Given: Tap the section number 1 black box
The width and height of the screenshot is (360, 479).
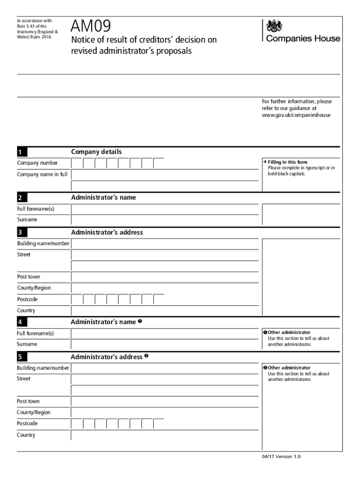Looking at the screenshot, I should point(22,152).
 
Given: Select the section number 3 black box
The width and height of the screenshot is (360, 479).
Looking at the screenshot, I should point(22,232).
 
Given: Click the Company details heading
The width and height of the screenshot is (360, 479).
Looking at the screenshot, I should point(96,152).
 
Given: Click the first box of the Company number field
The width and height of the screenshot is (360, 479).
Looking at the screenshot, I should point(77,163).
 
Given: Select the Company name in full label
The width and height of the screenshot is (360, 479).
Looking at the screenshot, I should point(43,174).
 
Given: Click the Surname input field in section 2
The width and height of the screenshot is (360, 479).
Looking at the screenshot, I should point(164,220).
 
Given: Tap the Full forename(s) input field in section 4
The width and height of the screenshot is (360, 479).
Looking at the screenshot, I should point(164,334).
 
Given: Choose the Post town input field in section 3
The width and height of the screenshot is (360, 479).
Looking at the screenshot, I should point(164,277).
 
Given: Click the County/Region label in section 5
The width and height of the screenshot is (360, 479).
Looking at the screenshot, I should point(34,413).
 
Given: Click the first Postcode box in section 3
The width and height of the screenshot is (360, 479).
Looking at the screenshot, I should point(77,299).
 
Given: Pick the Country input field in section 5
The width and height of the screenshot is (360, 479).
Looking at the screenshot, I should point(164,435).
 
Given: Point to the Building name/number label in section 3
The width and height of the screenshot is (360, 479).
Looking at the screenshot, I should point(43,244).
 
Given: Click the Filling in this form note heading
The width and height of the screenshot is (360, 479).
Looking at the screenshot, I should point(288,162).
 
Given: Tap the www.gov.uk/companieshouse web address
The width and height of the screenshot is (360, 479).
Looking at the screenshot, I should point(296,115).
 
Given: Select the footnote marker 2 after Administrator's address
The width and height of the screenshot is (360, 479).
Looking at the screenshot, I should point(146,356).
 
